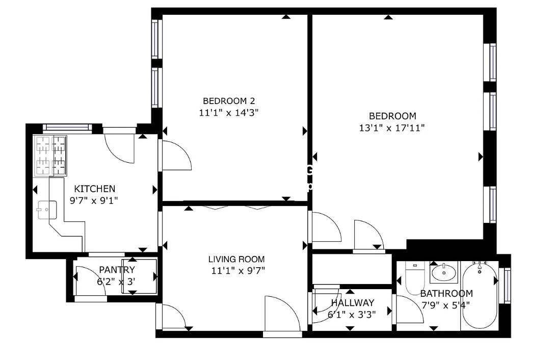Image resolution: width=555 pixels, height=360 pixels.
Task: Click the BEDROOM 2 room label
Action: [228, 100]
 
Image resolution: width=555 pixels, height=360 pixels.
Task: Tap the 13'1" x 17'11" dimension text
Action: [392, 128]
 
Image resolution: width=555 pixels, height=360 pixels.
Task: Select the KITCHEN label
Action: [95, 189]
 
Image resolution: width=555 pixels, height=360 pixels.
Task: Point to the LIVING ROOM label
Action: [236, 259]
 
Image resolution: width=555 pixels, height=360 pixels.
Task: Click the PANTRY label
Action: [117, 270]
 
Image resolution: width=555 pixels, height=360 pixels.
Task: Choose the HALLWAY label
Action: [352, 303]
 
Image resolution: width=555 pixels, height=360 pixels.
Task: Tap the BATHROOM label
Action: [446, 294]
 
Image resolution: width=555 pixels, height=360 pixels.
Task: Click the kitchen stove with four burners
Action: [50, 155]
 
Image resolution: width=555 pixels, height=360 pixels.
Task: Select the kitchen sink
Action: [46, 209]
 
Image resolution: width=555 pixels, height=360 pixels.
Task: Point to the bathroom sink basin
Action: [444, 273]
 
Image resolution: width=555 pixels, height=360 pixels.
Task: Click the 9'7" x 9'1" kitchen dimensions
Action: [94, 200]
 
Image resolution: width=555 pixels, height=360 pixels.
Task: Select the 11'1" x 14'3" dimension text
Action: [229, 113]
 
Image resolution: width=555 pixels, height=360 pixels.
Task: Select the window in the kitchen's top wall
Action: [67, 127]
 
